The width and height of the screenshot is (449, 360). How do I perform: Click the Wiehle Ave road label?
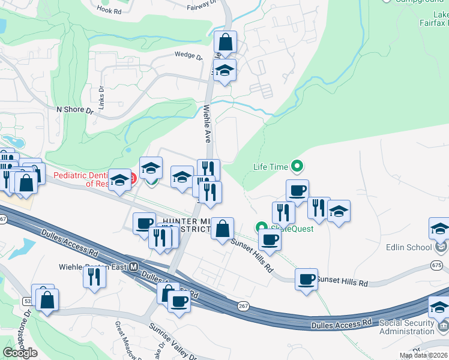207,124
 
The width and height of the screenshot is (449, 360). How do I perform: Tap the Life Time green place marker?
297,166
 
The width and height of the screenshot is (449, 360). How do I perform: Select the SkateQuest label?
283,229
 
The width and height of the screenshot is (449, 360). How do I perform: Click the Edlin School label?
409,247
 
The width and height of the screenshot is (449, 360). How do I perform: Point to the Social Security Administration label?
406,327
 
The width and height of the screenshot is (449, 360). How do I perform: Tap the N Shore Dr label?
75,110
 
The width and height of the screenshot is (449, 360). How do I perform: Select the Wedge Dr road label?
188,55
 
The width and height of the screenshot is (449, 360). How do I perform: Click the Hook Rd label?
109,9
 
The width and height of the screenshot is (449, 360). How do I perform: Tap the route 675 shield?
436,265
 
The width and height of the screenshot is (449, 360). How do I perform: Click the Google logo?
20,353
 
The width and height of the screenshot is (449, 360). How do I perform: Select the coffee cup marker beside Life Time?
297,191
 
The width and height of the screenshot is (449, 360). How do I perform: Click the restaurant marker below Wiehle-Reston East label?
94,277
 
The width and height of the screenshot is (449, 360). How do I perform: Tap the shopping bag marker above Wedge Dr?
225,43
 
